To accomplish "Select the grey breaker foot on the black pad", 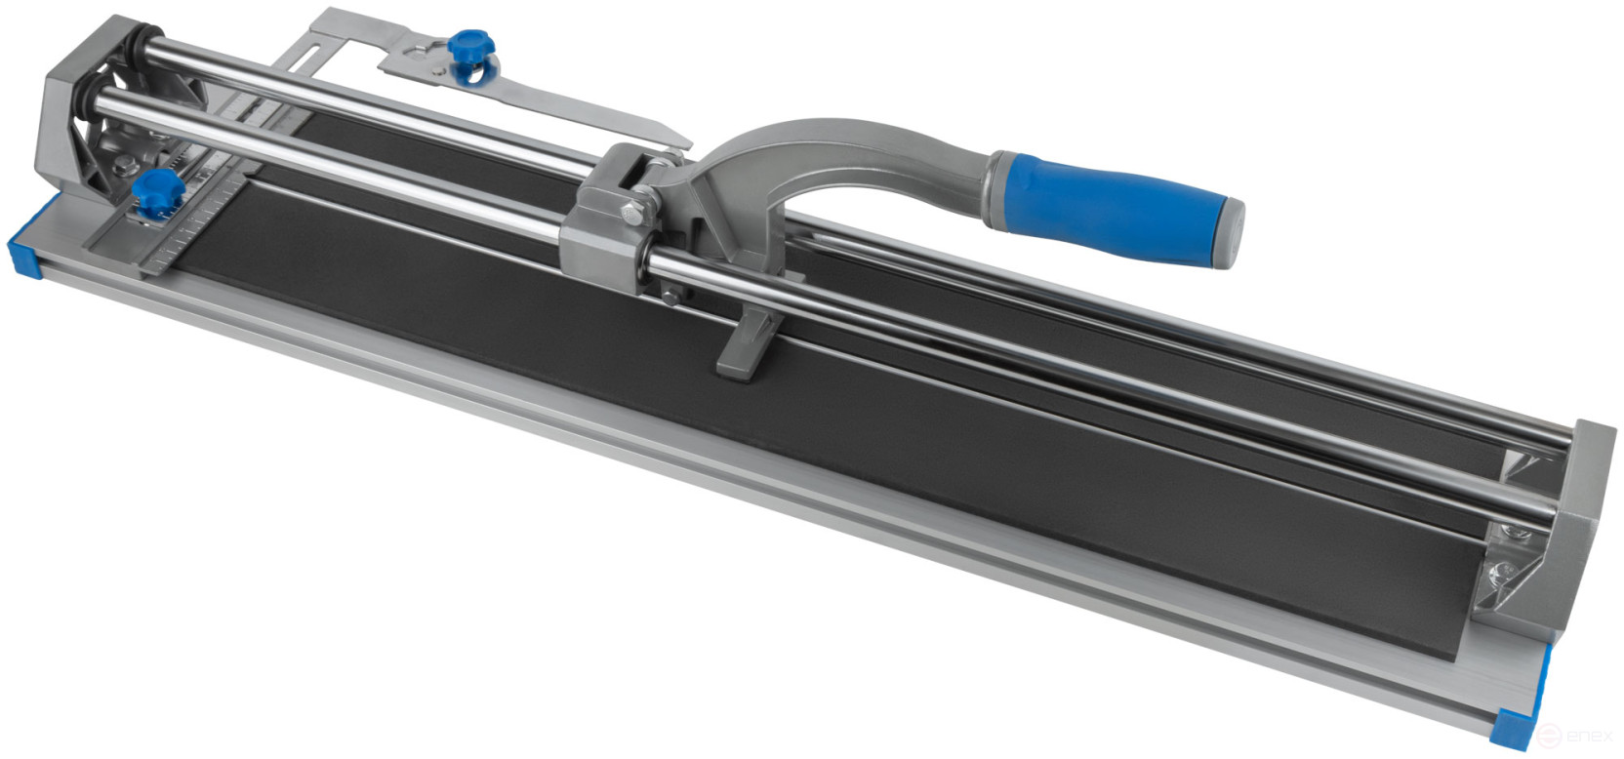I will pos(745,347).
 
